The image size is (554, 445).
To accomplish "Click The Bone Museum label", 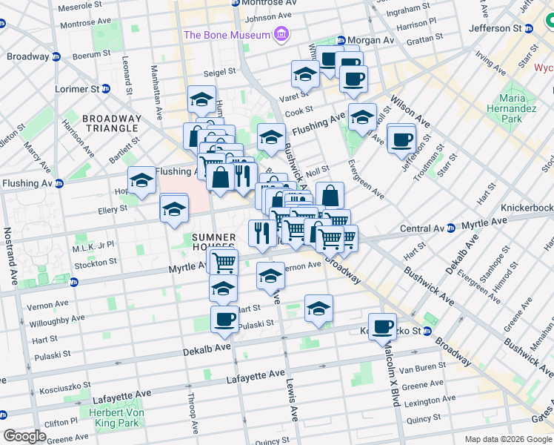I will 227,35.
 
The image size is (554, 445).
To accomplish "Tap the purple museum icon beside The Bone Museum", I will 281,34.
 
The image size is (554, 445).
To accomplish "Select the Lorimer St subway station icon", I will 105,89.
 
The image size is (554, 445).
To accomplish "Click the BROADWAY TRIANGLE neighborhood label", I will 112,123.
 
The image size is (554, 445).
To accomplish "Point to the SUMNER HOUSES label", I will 213,243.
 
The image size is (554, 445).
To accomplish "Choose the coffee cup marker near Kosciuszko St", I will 383,326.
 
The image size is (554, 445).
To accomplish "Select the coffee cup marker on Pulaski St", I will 224,320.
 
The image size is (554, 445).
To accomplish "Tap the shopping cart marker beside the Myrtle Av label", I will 224,261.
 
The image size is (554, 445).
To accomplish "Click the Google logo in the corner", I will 25,436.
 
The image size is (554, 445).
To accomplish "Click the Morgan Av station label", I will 371,39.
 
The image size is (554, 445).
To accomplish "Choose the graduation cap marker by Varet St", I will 304,75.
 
